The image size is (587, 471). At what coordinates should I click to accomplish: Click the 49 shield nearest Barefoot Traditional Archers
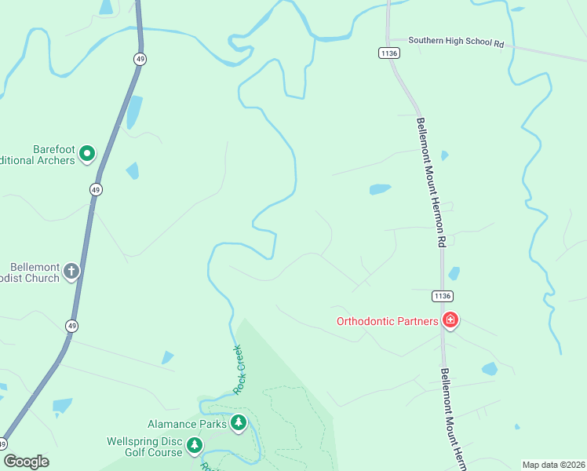coord(96,190)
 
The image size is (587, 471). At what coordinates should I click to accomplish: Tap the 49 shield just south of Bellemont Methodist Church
coord(72,326)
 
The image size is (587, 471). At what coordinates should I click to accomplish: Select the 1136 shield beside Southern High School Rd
coord(388,53)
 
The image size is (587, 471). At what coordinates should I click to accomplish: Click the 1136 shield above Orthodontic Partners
coord(443,295)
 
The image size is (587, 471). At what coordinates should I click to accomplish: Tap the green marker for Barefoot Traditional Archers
coord(87,154)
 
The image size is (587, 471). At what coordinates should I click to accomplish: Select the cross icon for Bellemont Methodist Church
coord(71,272)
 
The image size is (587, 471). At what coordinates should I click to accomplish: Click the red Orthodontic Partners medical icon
coord(450,319)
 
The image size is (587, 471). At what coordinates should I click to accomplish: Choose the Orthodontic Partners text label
coord(387,320)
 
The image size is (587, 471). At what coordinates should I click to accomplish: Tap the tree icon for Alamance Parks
coord(239,424)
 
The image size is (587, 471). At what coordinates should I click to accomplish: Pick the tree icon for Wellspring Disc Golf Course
coord(194,446)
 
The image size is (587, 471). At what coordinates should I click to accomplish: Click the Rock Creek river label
coord(241,370)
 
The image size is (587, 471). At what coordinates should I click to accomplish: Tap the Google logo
coord(26,462)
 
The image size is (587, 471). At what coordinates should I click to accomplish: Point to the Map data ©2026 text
coord(553,465)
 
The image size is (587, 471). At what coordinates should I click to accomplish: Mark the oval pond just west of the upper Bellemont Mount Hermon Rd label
coord(380,189)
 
